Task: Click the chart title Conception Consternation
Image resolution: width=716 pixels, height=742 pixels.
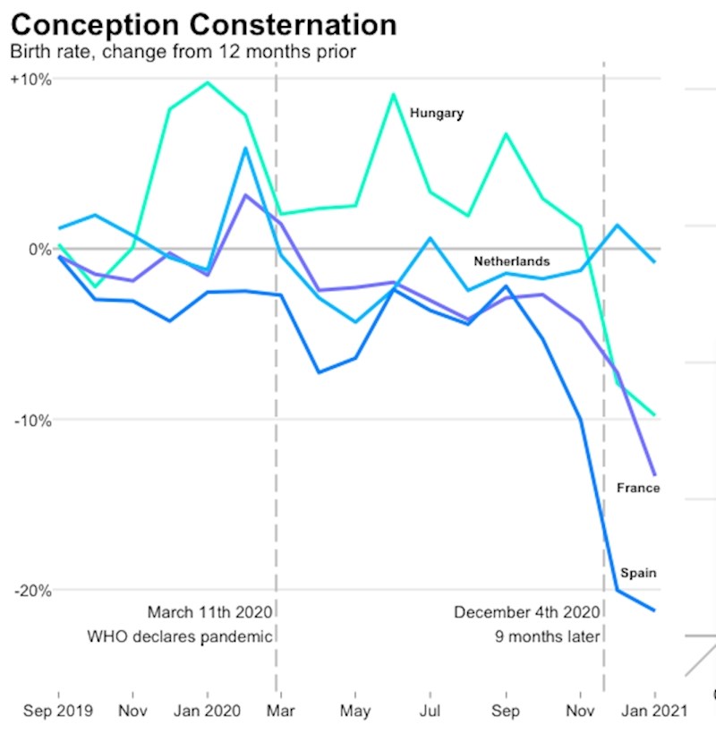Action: click(203, 24)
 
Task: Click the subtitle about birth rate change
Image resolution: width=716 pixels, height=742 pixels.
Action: click(183, 51)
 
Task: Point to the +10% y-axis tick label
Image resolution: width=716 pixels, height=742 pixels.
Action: click(31, 79)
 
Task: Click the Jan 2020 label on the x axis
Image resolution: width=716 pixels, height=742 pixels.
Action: click(208, 711)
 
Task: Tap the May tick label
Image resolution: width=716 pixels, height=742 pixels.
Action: click(356, 711)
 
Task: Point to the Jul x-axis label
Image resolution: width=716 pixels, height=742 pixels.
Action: click(430, 711)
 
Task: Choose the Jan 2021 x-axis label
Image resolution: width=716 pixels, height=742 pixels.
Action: click(655, 711)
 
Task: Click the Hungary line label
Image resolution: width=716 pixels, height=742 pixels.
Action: click(437, 114)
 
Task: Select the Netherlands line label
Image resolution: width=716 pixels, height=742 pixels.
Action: click(512, 262)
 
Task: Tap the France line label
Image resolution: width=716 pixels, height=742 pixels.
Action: click(638, 489)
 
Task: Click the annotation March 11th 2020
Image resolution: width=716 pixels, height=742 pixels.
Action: click(210, 613)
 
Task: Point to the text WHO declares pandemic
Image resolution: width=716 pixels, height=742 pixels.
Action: click(179, 637)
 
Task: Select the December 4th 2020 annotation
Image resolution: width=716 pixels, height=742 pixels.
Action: click(526, 613)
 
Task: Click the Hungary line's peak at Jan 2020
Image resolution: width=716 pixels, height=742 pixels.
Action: click(208, 83)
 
